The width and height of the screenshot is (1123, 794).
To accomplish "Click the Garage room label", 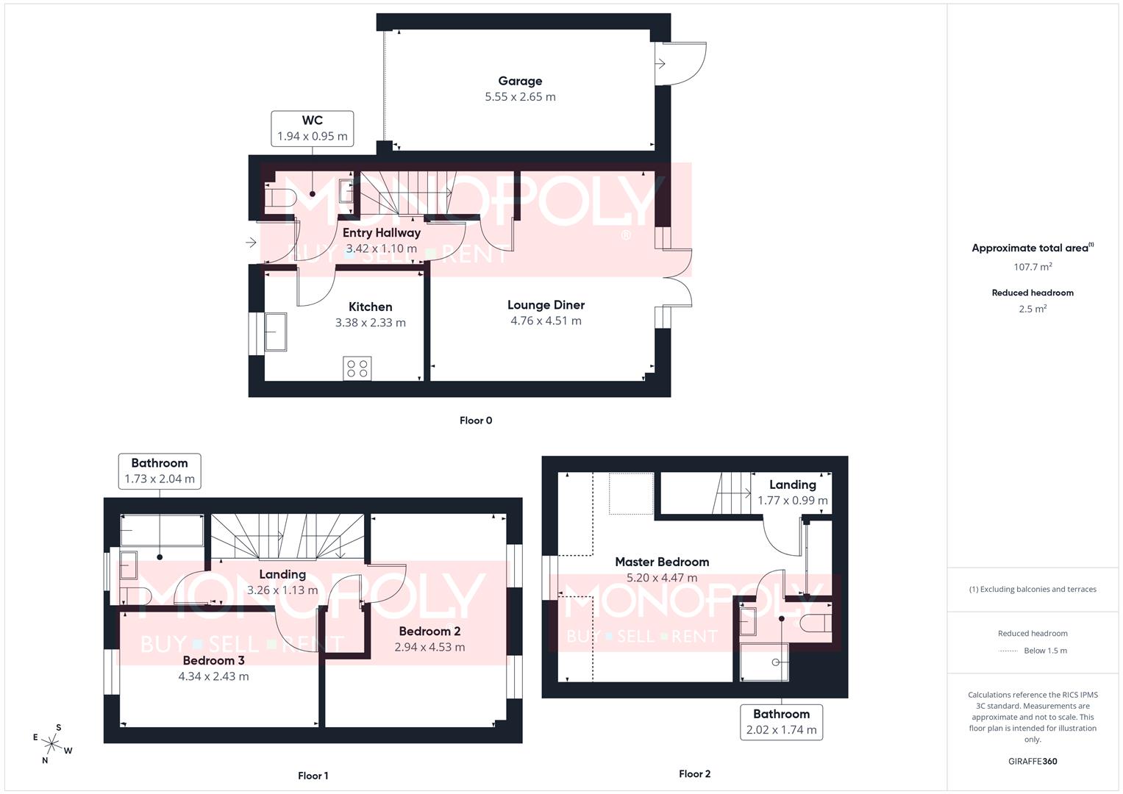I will pos(520,81).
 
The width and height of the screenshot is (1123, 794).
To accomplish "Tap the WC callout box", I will pos(313,129).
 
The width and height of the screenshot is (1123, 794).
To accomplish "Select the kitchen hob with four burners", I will pos(357,368).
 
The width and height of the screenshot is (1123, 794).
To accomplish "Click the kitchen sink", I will pos(276,332).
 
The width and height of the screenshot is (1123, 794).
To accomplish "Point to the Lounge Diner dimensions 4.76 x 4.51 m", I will pos(546,321).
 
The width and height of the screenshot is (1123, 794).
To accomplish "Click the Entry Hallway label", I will pos(381,232).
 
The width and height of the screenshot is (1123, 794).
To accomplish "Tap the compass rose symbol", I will pos(52,744).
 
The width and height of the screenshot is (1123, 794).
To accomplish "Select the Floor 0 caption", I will pos(476,421).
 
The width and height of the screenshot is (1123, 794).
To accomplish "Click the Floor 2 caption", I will pos(694,773).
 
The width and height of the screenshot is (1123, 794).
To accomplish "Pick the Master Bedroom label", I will pos(662,562).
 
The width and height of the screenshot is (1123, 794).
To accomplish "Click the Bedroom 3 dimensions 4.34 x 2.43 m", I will pos(213,676).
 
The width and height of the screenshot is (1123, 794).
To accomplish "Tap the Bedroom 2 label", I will pos(429,631).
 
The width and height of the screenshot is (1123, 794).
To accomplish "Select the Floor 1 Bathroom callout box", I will pos(160,471).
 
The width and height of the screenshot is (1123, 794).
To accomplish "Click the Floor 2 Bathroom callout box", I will pos(781,722).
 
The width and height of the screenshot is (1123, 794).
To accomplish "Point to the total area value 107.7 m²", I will pos(1033,267).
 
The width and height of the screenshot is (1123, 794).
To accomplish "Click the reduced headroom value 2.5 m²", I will pos(1033,309).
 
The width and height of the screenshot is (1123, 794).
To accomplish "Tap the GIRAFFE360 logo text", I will pos(1033,761).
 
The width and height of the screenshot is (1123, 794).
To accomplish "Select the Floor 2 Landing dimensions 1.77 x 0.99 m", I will pos(793,501).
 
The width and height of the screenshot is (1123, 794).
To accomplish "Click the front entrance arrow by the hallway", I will pos(251,242).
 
